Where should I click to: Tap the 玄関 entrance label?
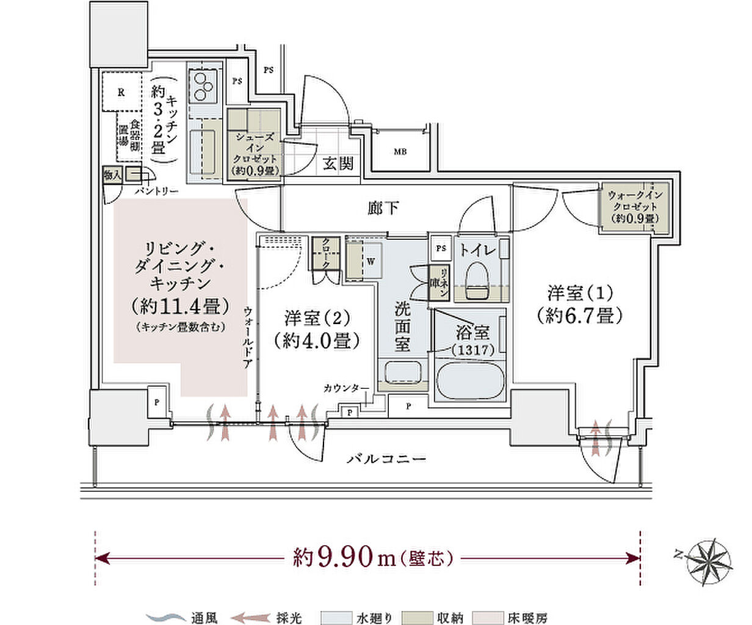(x=338, y=164)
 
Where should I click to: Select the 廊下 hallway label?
(x=383, y=209)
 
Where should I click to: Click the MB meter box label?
(x=400, y=151)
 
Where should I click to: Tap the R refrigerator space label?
(x=121, y=93)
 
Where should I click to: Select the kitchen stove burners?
(x=203, y=87)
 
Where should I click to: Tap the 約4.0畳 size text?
(x=316, y=340)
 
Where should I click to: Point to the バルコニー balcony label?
(x=386, y=458)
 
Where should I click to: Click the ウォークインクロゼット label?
(x=635, y=206)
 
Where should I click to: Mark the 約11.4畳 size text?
(x=179, y=305)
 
